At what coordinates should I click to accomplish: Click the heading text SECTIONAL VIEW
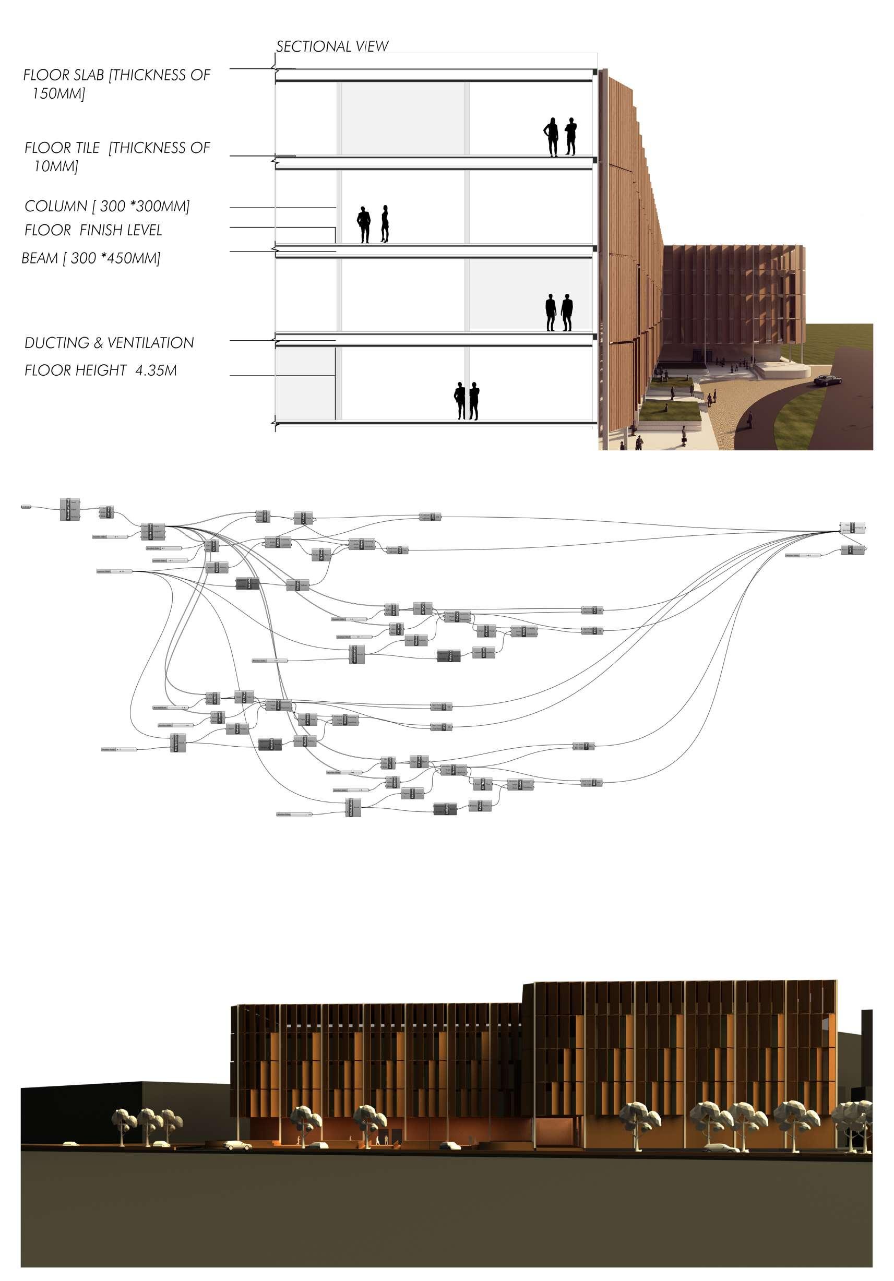pos(332,46)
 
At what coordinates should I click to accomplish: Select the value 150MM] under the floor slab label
pos(59,94)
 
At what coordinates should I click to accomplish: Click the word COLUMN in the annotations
pos(56,207)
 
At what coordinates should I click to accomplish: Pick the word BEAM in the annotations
pos(40,258)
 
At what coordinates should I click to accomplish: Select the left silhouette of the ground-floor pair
pos(460,401)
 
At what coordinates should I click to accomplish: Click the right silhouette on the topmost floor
pos(570,136)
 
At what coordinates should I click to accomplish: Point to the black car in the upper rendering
pos(828,380)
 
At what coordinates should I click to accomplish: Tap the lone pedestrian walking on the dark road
pos(749,419)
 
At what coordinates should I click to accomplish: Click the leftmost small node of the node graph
pos(26,507)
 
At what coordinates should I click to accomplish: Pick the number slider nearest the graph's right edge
pos(803,556)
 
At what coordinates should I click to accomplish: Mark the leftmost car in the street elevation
pos(70,1144)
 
